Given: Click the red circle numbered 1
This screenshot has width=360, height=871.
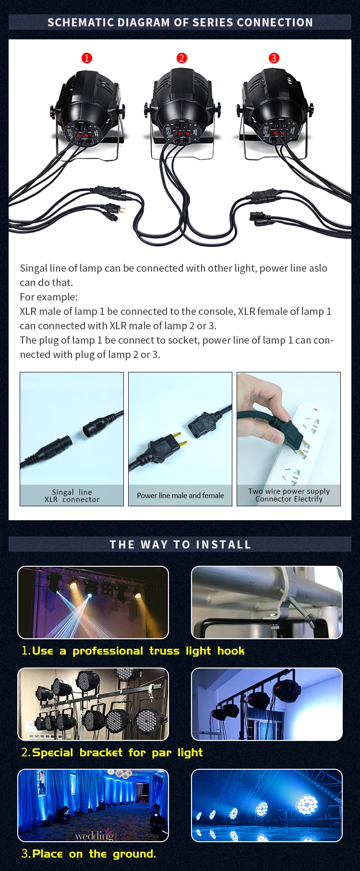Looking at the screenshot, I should coord(86,58).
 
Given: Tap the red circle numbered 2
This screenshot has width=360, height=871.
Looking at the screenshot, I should coord(181,58).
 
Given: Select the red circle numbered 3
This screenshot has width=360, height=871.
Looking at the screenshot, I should coord(274,58).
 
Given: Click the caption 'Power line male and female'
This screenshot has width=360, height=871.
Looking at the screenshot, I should coord(180,495).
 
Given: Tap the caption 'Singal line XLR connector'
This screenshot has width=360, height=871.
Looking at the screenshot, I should coord(72,496).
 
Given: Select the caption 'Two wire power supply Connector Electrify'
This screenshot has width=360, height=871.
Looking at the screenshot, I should coord(288,495).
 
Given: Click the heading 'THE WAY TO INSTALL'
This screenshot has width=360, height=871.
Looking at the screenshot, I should coord(180,545).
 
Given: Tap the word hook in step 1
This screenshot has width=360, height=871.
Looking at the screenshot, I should coord(231,651).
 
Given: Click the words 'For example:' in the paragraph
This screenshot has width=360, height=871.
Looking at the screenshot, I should coord(48,297).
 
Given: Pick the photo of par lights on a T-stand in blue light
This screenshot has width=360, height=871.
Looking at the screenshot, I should coord(267,704).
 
